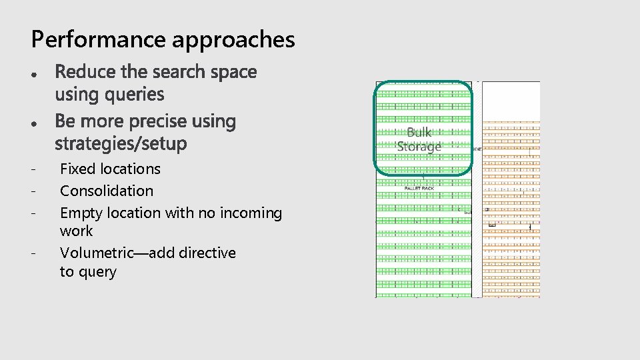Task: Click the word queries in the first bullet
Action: click(134, 95)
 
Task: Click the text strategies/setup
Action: click(121, 143)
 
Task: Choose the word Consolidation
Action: click(107, 191)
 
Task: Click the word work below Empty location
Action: click(77, 231)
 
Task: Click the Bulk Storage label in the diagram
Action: click(419, 139)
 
